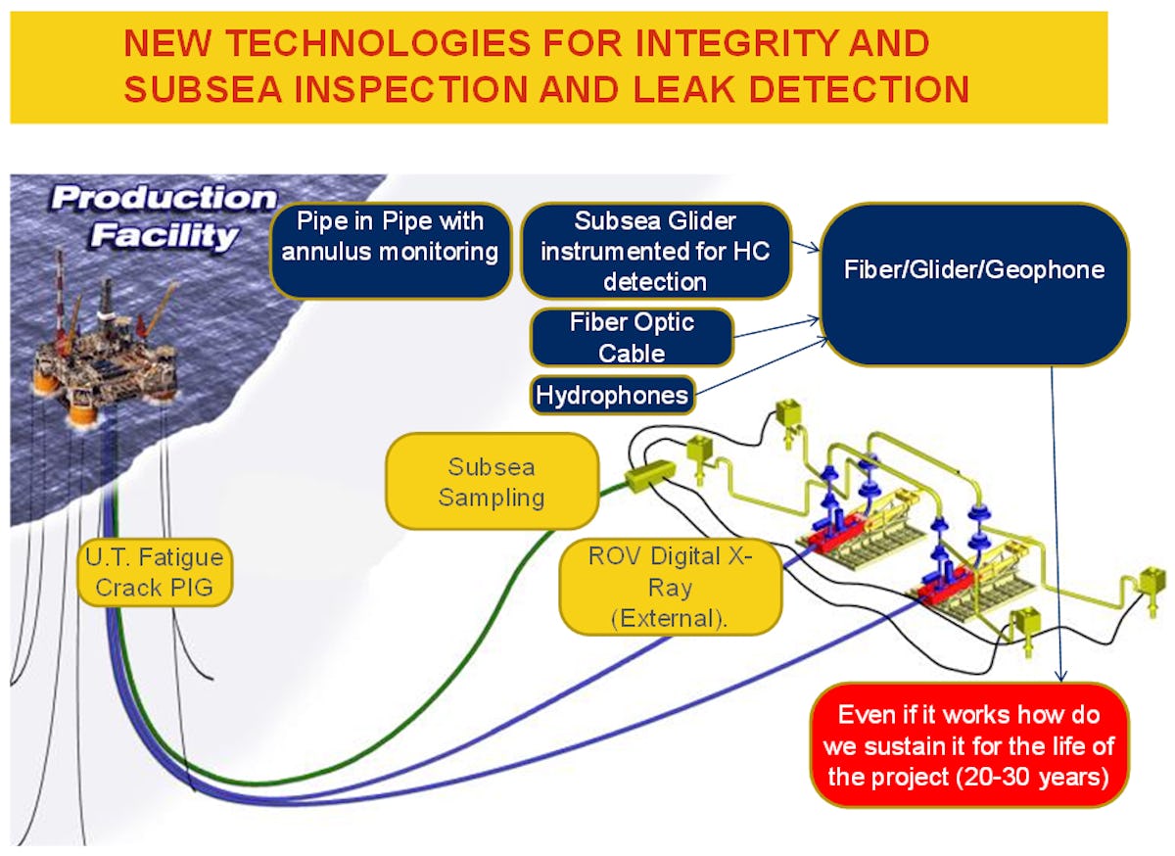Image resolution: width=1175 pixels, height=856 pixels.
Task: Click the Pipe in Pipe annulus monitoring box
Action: (390, 251)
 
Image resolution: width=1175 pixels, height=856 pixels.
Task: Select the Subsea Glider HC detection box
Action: (655, 251)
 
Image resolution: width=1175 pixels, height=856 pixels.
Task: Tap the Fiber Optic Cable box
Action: (632, 337)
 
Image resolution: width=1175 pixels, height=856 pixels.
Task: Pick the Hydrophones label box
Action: (613, 396)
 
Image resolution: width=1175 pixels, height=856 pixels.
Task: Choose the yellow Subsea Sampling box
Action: (492, 482)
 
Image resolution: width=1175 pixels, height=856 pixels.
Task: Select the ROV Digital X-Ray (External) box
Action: (670, 587)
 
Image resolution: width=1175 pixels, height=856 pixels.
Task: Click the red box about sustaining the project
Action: (969, 745)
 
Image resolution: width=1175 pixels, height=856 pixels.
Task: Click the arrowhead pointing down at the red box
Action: (1060, 675)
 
